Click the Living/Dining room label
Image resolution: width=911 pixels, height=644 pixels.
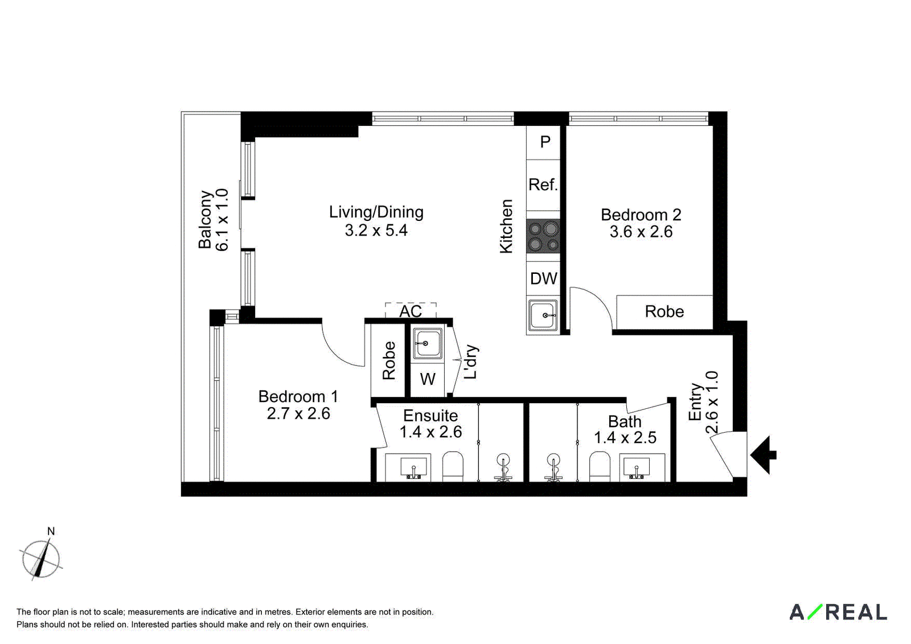coord(376,212)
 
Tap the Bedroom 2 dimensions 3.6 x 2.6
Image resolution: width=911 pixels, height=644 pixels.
coord(641,232)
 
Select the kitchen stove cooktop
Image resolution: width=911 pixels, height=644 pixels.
coord(543,236)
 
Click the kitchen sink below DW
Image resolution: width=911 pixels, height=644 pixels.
coord(543,315)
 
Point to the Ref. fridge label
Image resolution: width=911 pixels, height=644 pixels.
coord(543,184)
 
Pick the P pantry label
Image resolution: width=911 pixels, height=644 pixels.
coord(545,142)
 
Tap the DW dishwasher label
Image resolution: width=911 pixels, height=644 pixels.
coord(544,278)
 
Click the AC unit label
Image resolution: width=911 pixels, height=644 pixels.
coord(411,311)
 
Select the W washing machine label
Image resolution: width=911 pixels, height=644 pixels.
coord(428,379)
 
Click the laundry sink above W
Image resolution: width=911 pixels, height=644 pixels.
coord(428,344)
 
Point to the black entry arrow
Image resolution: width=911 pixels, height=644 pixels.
coord(764,455)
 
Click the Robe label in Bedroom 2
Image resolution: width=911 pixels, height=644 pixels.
coord(664,311)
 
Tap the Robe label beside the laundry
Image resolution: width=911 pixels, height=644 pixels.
coord(389,360)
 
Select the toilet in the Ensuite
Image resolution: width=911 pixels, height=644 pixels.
coord(453,466)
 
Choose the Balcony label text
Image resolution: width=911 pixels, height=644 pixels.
coord(206,220)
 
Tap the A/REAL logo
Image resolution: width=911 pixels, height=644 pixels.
coord(838,624)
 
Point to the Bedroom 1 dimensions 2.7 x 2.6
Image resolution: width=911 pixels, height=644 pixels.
coord(298,414)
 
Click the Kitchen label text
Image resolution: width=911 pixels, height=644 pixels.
coord(506,227)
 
